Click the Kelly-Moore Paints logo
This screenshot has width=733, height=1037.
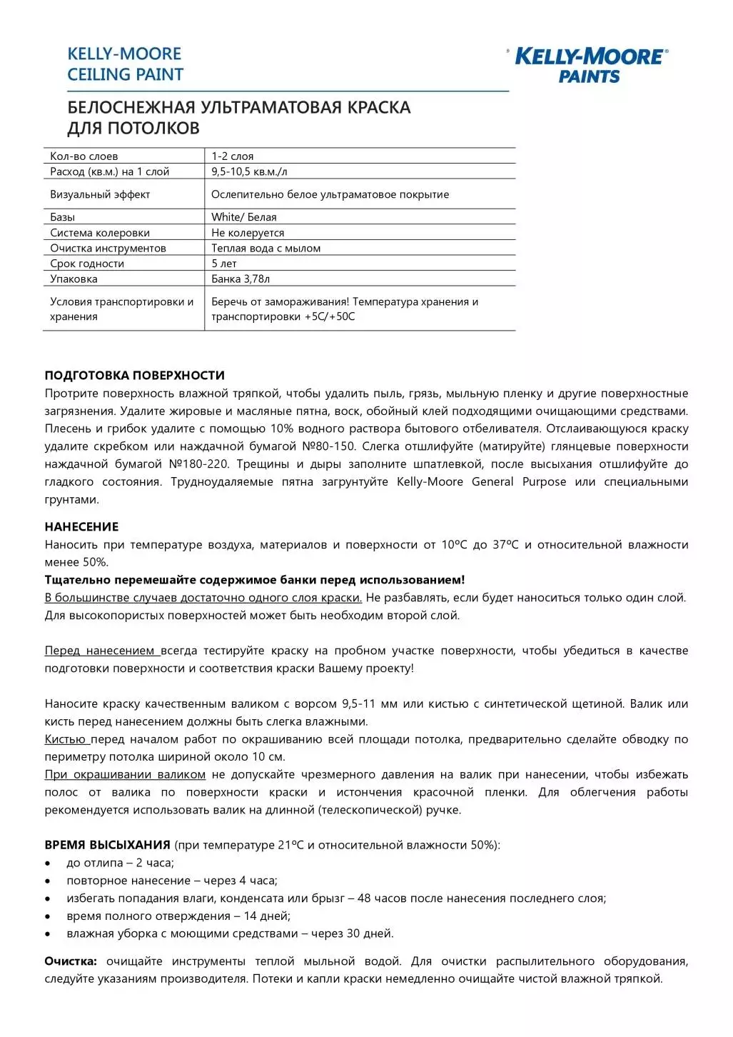pos(590,65)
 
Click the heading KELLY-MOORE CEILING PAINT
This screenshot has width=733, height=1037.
pos(125,64)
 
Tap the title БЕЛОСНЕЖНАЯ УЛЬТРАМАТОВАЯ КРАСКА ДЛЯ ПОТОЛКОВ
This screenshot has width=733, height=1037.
pos(238,118)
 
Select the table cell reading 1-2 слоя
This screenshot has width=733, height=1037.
pos(233,156)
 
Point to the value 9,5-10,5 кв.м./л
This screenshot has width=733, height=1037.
pos(249,171)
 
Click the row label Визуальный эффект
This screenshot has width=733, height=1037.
pos(100,194)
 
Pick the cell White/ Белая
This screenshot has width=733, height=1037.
pos(243,217)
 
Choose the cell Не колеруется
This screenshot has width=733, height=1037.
pos(248,233)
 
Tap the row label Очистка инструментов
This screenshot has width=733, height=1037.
pos(108,249)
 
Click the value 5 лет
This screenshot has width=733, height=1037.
pos(223,264)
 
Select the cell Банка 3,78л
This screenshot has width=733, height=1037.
pos(241,279)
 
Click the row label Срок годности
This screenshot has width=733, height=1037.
pos(87,264)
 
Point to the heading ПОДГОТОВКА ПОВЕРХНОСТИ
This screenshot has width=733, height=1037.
pos(134,376)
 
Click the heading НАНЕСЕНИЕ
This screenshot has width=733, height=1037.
pos(81,527)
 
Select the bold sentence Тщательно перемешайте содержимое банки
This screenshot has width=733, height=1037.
pos(254,580)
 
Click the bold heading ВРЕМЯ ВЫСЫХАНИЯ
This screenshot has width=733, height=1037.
pos(107,845)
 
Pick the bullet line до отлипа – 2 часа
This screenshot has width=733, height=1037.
pos(120,863)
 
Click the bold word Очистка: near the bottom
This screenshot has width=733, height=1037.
pos(71,961)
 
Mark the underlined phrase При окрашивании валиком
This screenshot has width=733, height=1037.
pos(125,774)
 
